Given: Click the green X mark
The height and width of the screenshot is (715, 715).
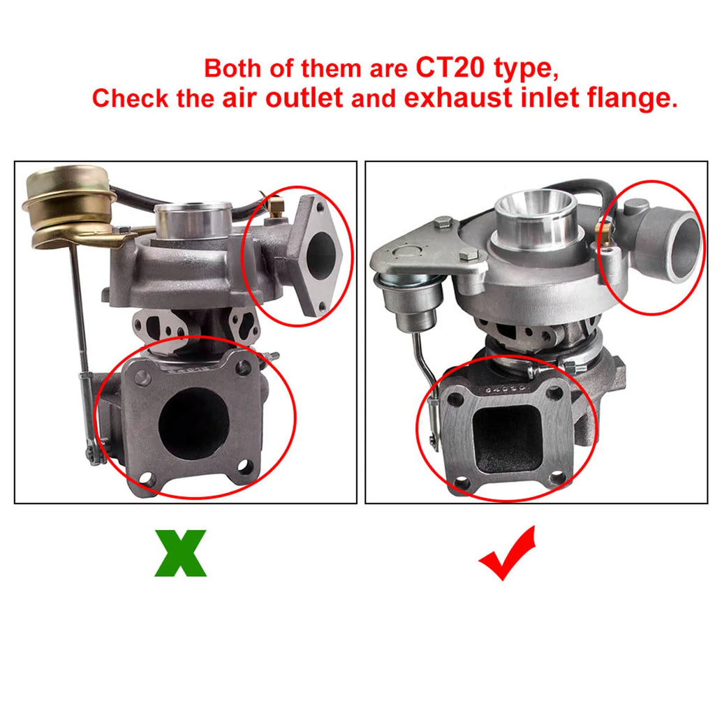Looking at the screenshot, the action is pyautogui.click(x=181, y=553).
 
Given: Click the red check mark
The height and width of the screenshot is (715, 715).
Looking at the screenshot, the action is pyautogui.click(x=507, y=553).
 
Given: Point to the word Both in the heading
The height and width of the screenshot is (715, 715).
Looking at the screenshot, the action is pyautogui.click(x=233, y=68).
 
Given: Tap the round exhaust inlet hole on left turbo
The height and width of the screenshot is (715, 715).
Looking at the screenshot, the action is pyautogui.click(x=193, y=423).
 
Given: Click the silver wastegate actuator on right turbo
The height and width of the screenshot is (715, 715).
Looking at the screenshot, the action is pyautogui.click(x=411, y=299).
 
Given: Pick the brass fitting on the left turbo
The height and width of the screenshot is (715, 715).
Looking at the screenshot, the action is pyautogui.click(x=275, y=206).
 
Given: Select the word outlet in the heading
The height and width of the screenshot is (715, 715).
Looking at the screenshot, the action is pyautogui.click(x=304, y=98).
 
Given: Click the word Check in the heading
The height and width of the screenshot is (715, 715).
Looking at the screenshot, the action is pyautogui.click(x=131, y=98).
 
